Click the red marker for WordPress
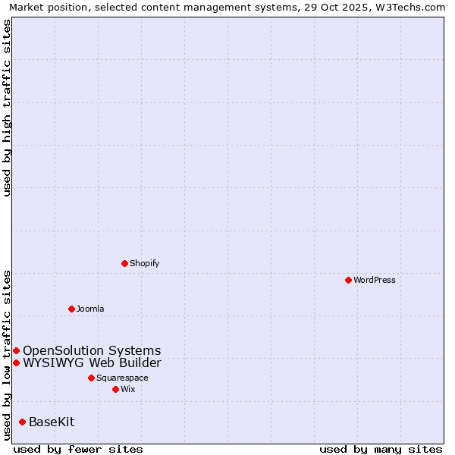coord(348,280)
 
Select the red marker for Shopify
coord(124,263)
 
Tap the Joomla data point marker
coord(71,309)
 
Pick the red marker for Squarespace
coord(91,378)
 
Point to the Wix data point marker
coord(115,389)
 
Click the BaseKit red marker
coord(22,422)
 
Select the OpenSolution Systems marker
coord(16,350)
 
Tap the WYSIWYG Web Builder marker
coord(16,362)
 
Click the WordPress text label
coord(375,280)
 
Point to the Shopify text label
coord(144,263)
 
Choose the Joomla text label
coord(90,309)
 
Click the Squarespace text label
coord(122,378)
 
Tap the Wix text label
coord(127,389)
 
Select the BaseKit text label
coord(52,422)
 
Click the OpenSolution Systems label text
coord(92,350)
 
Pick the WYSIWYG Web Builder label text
coord(92,362)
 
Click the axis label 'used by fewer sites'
coord(78,449)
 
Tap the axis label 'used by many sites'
coord(381,449)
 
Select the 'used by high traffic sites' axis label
coord(7,108)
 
